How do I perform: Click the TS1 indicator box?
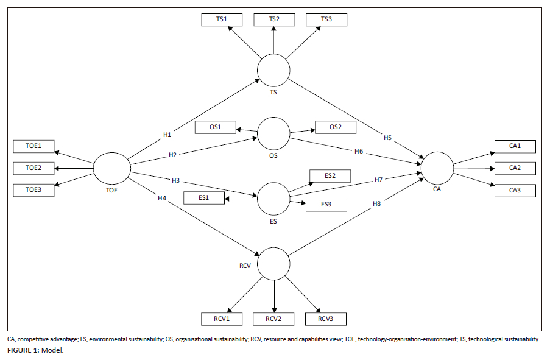(222, 19)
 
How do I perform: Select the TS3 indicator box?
(327, 19)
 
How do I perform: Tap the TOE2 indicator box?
(33, 168)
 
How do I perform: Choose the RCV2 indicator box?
(274, 318)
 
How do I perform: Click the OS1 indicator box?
(215, 127)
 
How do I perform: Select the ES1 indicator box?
(203, 198)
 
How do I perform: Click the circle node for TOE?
(111, 168)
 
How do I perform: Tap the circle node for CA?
(437, 167)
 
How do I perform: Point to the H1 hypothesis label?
(167, 134)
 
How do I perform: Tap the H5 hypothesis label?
(387, 138)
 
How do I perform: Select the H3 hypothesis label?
(176, 181)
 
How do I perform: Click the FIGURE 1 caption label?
(22, 350)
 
